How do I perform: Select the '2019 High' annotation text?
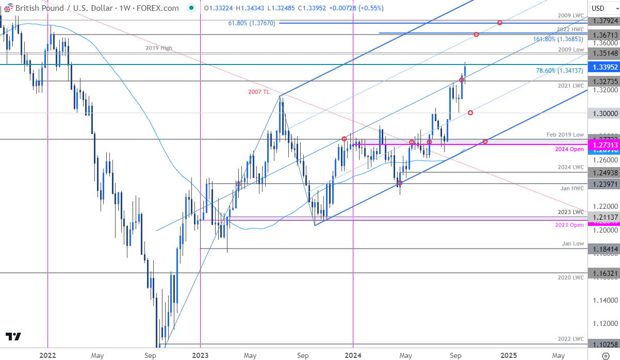(159, 48)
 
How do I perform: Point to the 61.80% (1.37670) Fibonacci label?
(252, 23)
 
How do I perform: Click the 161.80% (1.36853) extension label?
(559, 39)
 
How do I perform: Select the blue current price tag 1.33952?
(603, 67)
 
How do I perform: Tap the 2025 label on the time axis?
(509, 355)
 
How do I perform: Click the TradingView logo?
(14, 337)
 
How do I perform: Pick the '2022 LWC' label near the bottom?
(571, 339)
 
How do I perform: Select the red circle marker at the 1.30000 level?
(470, 112)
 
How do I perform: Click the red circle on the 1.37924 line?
(500, 23)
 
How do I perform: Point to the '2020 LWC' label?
(571, 278)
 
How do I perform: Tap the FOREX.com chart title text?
(156, 8)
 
